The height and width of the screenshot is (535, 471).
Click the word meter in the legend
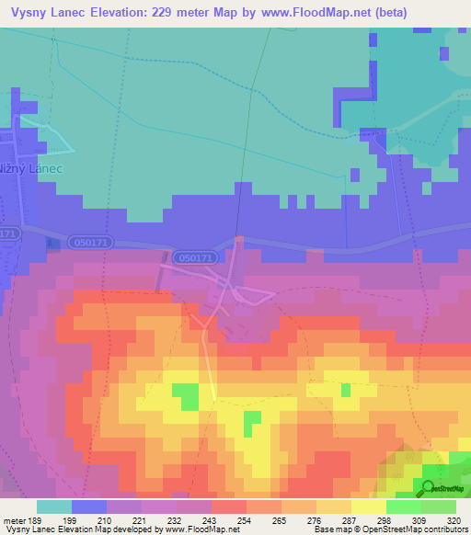pos(14,520)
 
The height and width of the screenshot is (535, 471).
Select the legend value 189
pos(37,520)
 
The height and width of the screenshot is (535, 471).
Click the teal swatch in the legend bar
pos(54,507)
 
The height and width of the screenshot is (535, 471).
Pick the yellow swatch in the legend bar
pos(369,507)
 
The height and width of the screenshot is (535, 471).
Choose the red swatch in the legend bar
pos(229,507)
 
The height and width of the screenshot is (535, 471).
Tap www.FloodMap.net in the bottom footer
pos(196,530)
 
